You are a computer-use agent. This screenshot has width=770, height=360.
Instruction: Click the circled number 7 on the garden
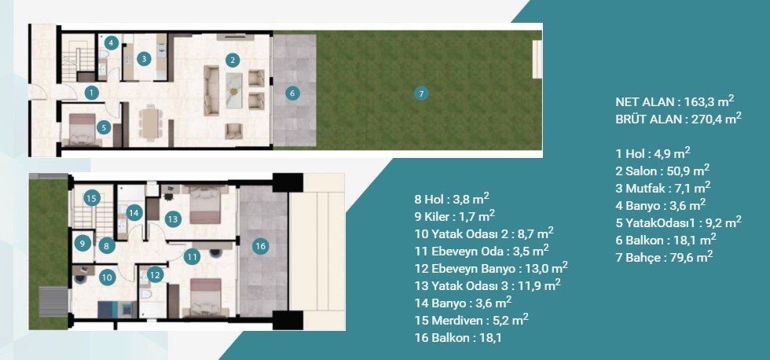(x=421, y=93)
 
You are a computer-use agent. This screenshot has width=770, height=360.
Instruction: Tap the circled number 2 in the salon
(x=233, y=61)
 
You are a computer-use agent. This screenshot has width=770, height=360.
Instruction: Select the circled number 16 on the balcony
(x=261, y=246)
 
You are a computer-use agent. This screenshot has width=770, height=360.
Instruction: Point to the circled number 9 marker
(x=82, y=243)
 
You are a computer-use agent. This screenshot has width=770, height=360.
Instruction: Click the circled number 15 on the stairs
(x=91, y=198)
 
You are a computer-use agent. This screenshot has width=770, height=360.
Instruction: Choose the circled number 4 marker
(x=112, y=42)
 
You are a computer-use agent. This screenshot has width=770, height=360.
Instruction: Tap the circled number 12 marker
(x=156, y=275)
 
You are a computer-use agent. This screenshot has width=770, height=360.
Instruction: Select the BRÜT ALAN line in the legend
(x=678, y=119)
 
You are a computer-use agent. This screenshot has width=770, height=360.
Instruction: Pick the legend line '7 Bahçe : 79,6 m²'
(x=664, y=256)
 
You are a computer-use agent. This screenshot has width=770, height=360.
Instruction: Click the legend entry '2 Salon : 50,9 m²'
(x=662, y=171)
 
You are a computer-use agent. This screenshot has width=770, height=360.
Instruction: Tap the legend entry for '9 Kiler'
(x=455, y=215)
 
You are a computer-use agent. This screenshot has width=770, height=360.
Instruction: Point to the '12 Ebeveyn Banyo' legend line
(x=491, y=268)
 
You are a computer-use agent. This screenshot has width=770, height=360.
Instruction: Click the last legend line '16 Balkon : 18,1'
(x=457, y=338)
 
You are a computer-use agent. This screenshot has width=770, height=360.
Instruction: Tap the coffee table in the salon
(x=233, y=90)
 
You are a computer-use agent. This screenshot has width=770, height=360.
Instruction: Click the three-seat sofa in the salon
(x=211, y=91)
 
